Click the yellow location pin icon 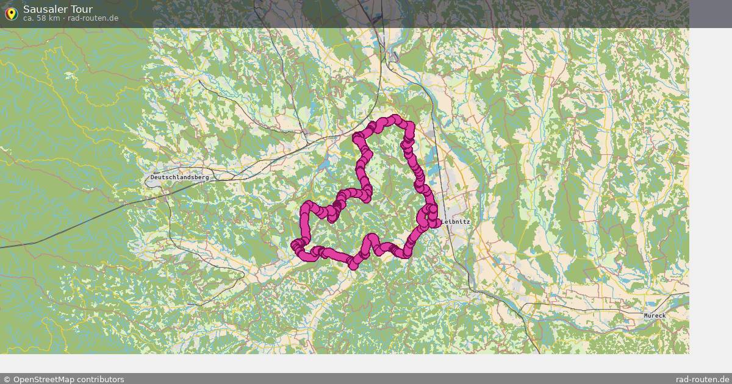point(11,13)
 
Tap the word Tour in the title point(83,9)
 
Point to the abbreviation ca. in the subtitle point(29,18)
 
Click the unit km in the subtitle point(54,18)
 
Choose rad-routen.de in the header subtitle point(93,18)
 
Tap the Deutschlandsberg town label point(179,177)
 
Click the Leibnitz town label point(456,222)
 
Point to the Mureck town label point(655,316)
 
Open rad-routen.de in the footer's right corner point(702,379)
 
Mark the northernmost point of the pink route point(396,118)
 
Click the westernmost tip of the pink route point(295,246)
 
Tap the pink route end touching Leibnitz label point(437,223)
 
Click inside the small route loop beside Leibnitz point(427,216)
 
